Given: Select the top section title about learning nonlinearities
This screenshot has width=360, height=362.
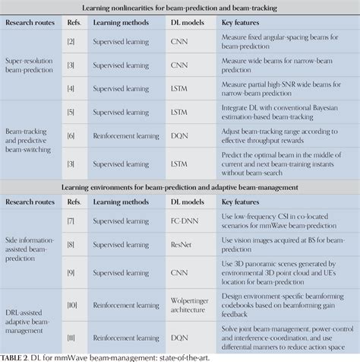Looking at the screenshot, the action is pyautogui.click(x=179, y=9).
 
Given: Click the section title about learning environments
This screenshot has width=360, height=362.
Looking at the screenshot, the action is pyautogui.click(x=179, y=186).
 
